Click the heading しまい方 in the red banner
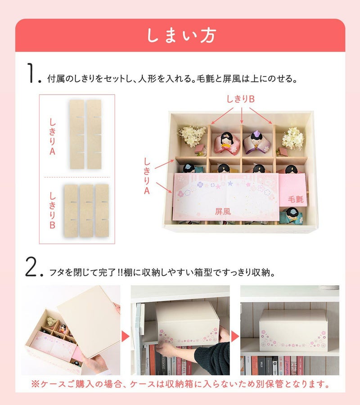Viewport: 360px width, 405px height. coord(181,36)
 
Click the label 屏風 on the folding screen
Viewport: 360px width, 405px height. coord(223,211)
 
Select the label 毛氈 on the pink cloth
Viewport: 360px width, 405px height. coord(296,199)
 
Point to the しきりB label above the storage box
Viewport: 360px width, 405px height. coord(240,99)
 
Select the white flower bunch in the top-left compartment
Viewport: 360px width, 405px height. coord(192,136)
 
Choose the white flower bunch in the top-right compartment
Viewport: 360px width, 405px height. coord(293,139)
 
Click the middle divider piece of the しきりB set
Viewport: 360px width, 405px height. coord(86,211)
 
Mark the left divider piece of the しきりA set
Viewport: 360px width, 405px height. coord(77,134)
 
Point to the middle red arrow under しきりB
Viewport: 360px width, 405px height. coord(242,116)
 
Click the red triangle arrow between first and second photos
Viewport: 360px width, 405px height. coord(126,337)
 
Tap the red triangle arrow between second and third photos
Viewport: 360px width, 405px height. coord(235,337)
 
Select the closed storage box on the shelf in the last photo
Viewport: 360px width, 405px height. coord(293,331)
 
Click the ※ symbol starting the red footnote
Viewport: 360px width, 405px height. coord(35,384)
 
